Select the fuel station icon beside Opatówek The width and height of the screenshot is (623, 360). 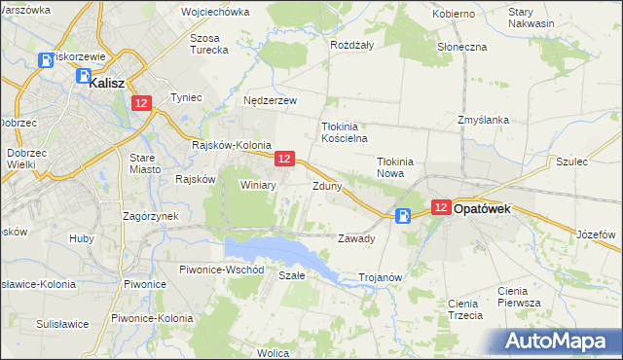[x=404, y=217]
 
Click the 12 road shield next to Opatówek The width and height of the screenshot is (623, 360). [x=440, y=207]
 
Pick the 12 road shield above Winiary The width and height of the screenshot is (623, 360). [x=284, y=158]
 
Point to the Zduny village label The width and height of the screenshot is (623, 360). [x=326, y=185]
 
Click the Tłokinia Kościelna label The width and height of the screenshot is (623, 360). [x=342, y=132]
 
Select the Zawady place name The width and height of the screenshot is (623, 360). [x=355, y=238]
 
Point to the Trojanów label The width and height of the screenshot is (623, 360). [x=381, y=277]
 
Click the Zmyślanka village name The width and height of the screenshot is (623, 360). [x=483, y=120]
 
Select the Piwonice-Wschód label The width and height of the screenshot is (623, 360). [x=215, y=269]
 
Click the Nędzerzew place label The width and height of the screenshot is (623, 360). [x=270, y=100]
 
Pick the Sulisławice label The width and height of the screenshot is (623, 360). [x=62, y=323]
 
